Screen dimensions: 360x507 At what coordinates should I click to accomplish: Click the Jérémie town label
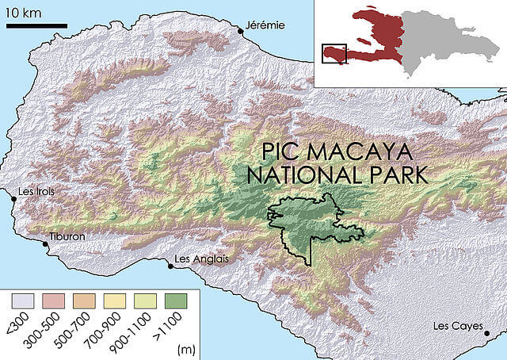coord(265,25)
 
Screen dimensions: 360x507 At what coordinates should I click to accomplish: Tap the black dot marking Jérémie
coord(240,31)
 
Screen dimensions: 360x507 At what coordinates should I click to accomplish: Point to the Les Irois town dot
coord(13,199)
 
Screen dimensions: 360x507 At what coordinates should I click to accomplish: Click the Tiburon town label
coord(67,236)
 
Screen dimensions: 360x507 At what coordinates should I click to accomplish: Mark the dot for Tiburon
coord(44,244)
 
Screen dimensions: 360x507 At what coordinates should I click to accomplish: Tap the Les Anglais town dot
coord(170,266)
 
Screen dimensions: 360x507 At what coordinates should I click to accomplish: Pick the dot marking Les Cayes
coord(486,334)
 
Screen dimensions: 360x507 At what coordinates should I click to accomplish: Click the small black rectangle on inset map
coord(334,52)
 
